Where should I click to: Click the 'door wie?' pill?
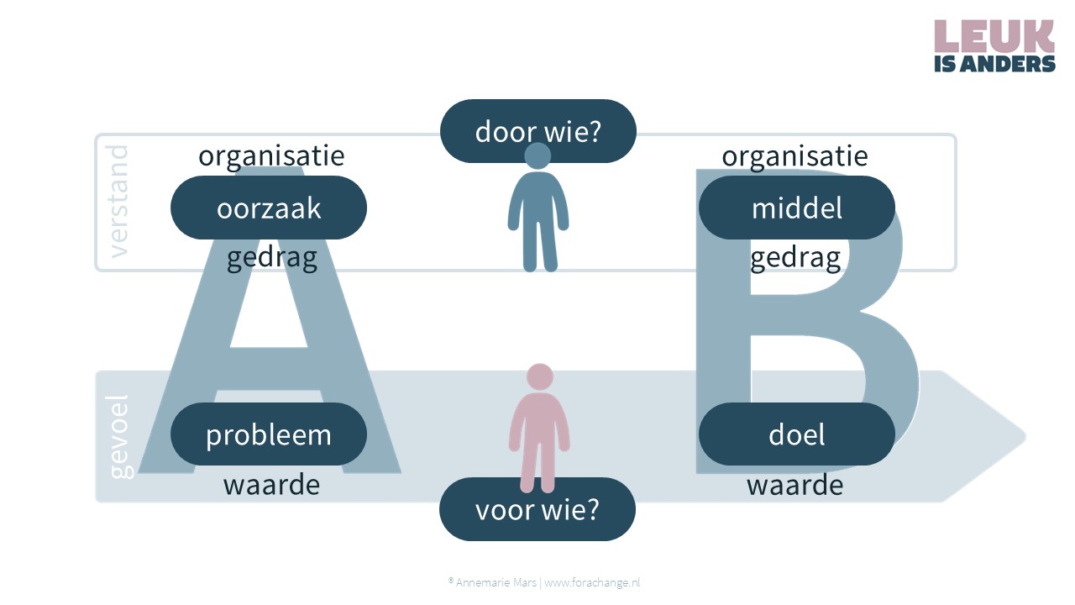click(538, 130)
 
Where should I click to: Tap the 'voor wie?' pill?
click(537, 509)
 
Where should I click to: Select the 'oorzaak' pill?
click(269, 208)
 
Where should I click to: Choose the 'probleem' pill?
click(269, 434)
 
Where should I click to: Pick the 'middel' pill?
click(797, 208)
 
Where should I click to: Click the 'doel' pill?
click(797, 434)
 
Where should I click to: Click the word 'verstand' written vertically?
click(118, 202)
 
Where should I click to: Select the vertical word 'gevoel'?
click(119, 437)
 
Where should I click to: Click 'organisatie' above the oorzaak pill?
click(271, 155)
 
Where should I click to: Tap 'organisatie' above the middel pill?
click(794, 155)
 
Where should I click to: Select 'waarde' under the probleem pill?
click(271, 484)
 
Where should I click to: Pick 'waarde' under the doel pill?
click(794, 484)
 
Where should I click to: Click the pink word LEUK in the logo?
click(994, 36)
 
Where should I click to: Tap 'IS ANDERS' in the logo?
click(994, 64)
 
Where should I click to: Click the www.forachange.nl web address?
click(592, 582)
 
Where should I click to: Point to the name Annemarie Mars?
click(496, 582)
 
